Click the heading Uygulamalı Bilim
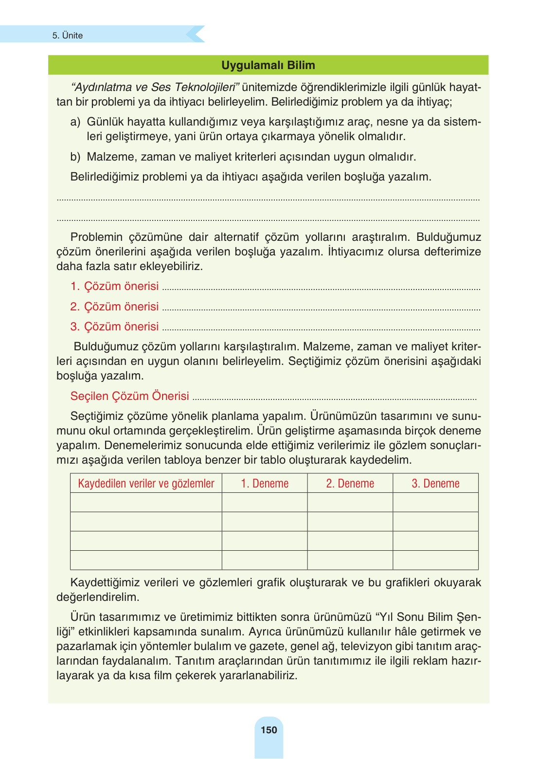(x=268, y=65)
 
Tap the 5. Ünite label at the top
(x=68, y=36)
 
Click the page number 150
(x=269, y=730)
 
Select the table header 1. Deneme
(x=265, y=483)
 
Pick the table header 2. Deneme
(x=350, y=483)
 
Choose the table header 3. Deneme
(x=435, y=483)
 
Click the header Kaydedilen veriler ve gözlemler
(x=146, y=483)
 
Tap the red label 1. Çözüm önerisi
(x=114, y=286)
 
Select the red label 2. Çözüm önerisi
(x=114, y=307)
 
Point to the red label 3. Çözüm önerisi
(x=114, y=326)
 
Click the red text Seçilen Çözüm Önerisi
(x=129, y=396)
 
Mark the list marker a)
(x=75, y=122)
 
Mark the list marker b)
(x=75, y=157)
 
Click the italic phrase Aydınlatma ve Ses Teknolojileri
(x=155, y=87)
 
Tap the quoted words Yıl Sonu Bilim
(x=416, y=617)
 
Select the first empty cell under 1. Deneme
(x=265, y=502)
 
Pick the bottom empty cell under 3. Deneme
(x=435, y=560)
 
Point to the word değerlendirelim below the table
(x=98, y=597)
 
